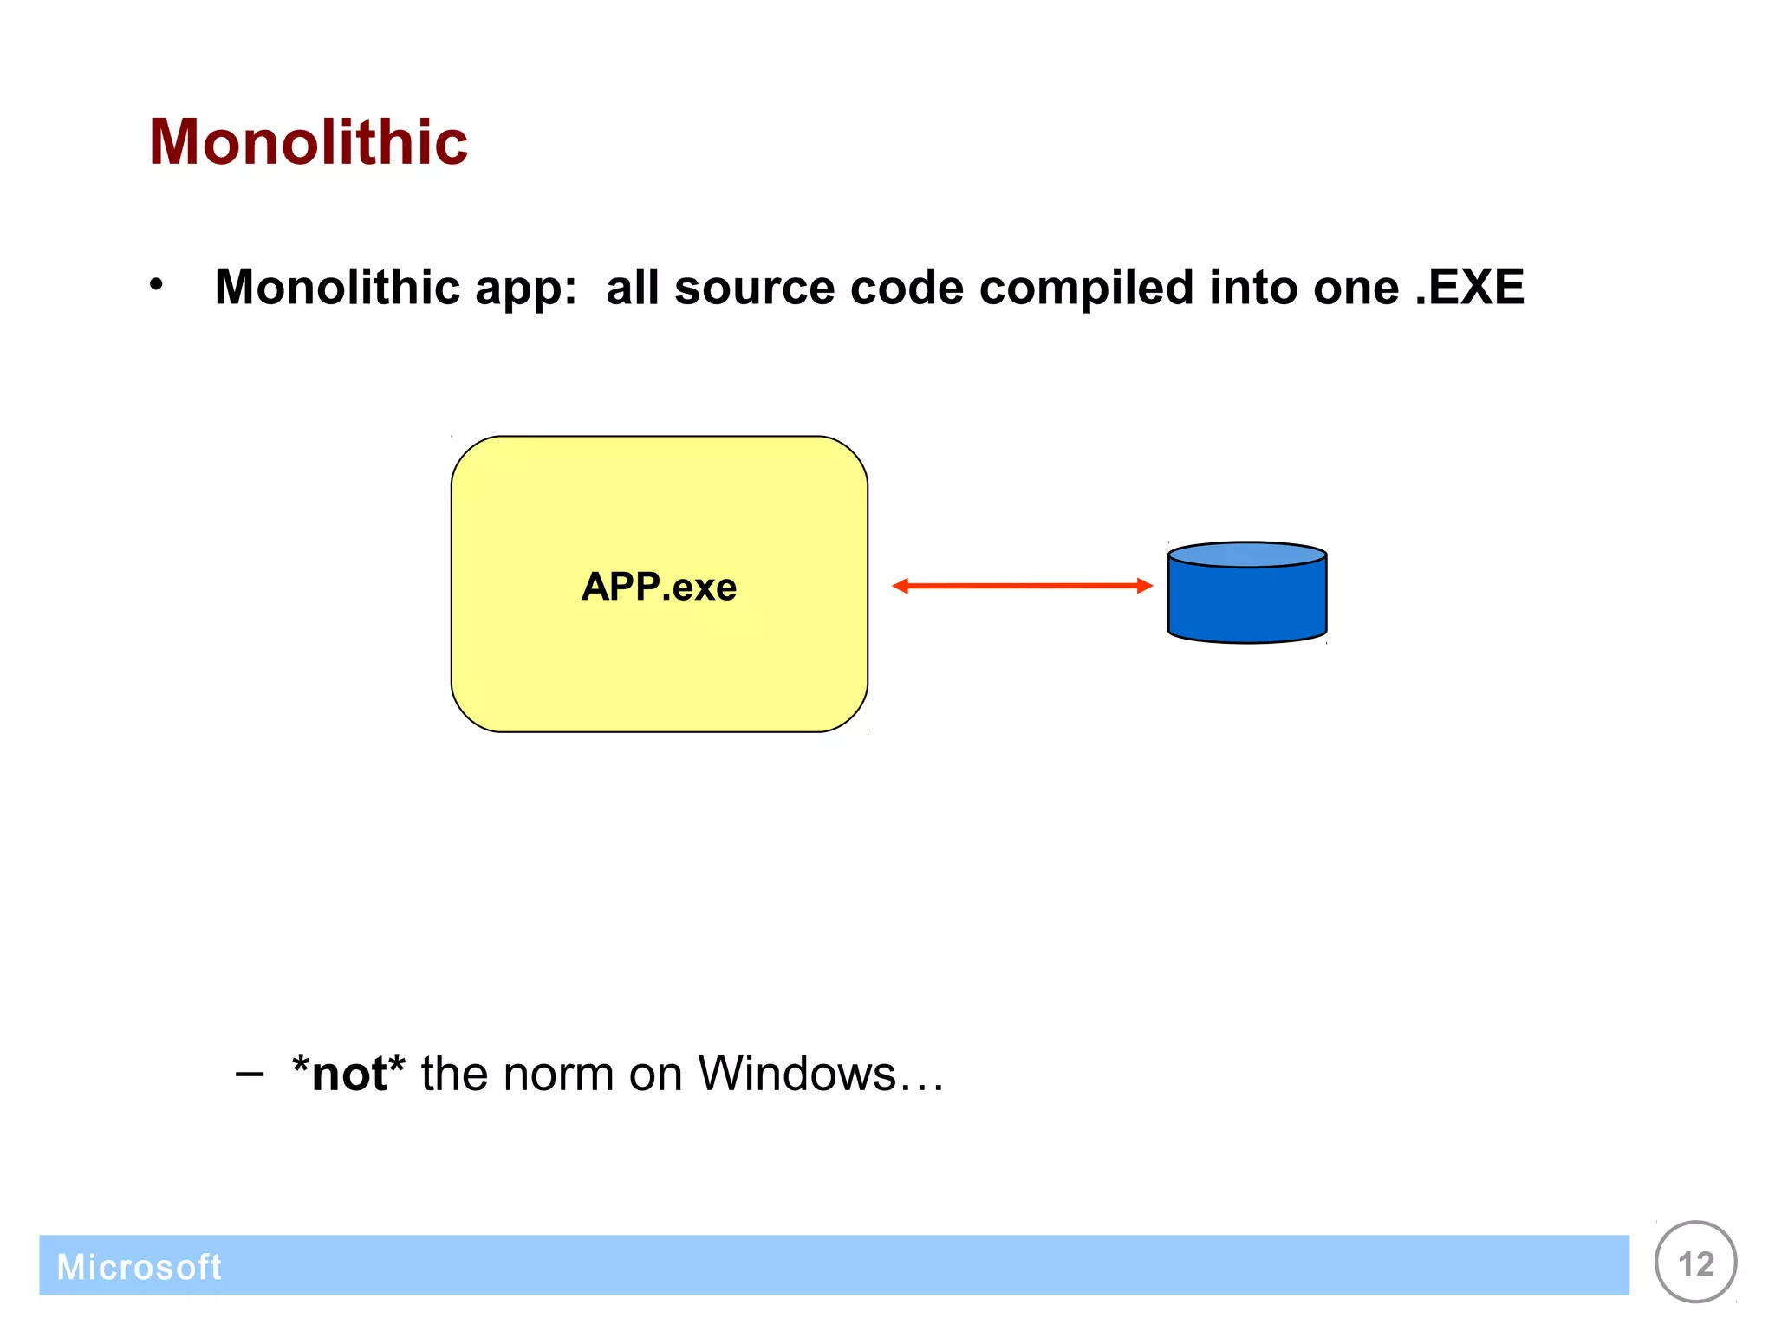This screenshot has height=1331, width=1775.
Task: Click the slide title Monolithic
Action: [x=309, y=142]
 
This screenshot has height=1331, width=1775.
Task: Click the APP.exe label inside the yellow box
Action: [x=659, y=587]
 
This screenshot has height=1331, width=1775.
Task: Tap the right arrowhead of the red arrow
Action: [x=1144, y=586]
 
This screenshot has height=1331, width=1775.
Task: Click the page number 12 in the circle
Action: [x=1695, y=1264]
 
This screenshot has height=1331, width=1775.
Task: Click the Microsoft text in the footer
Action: [x=139, y=1267]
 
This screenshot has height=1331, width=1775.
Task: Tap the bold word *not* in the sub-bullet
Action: [x=348, y=1075]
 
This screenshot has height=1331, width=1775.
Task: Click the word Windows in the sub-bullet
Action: [x=796, y=1075]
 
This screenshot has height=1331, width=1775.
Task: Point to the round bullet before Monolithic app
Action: [x=156, y=284]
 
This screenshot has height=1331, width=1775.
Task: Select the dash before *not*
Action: [x=250, y=1075]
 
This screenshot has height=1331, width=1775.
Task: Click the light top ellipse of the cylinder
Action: [x=1246, y=555]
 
